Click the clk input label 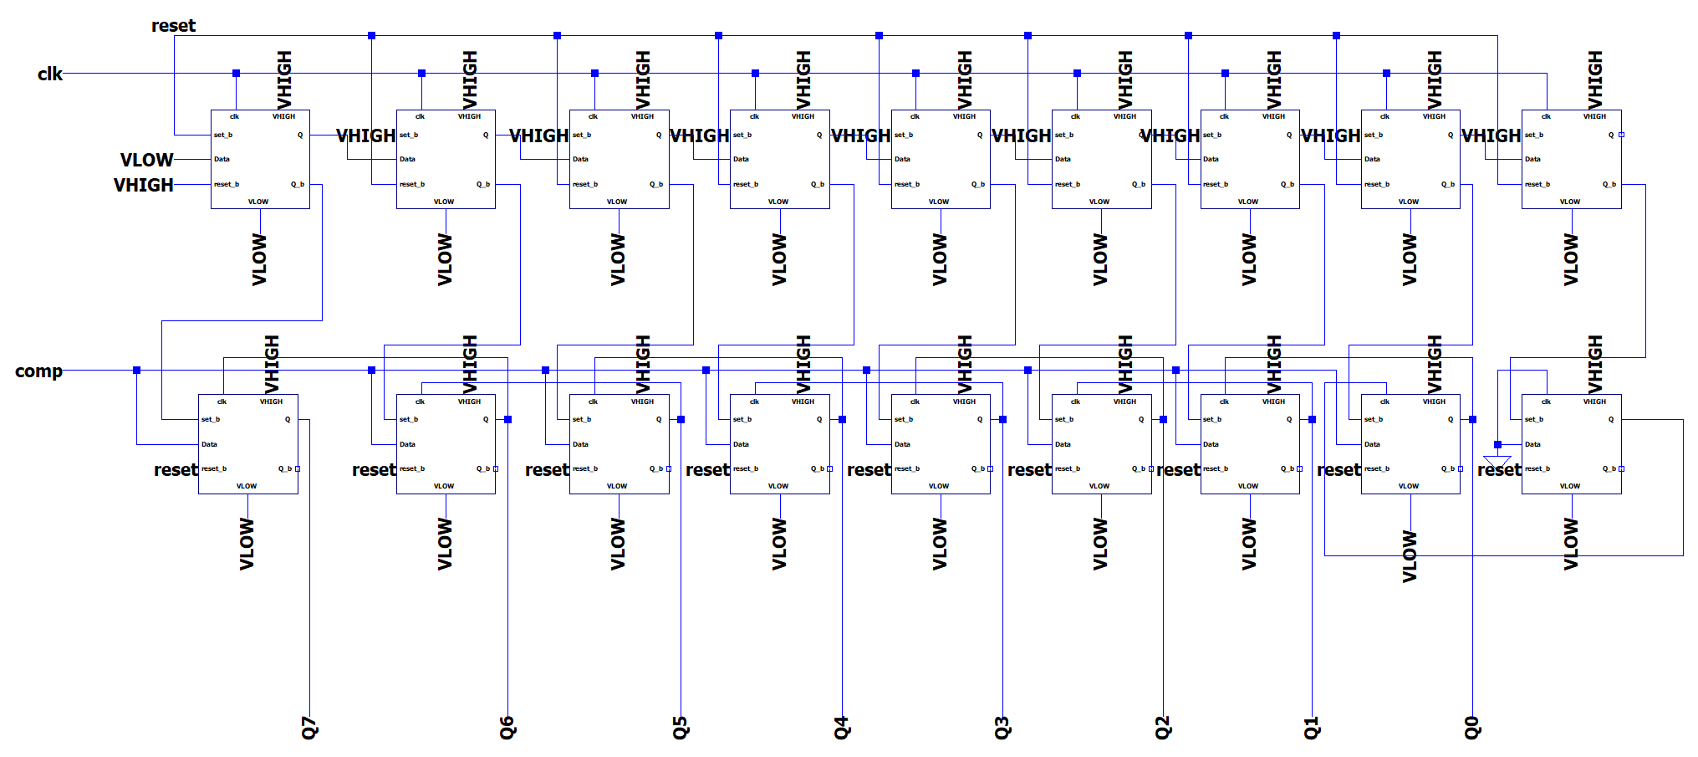pos(49,74)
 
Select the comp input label pos(38,371)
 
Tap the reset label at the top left pos(173,26)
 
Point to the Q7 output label pos(310,728)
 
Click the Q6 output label pos(507,728)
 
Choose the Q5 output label pos(681,728)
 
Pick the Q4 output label pos(842,728)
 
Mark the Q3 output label pos(1002,728)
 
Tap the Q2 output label pos(1163,728)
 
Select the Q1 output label pos(1312,728)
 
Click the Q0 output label pos(1472,728)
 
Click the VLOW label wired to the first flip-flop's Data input pos(146,160)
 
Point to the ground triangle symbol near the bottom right pos(1497,461)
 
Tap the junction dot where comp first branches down pos(137,370)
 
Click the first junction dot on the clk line pos(236,74)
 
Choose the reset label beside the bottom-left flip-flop pos(176,470)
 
